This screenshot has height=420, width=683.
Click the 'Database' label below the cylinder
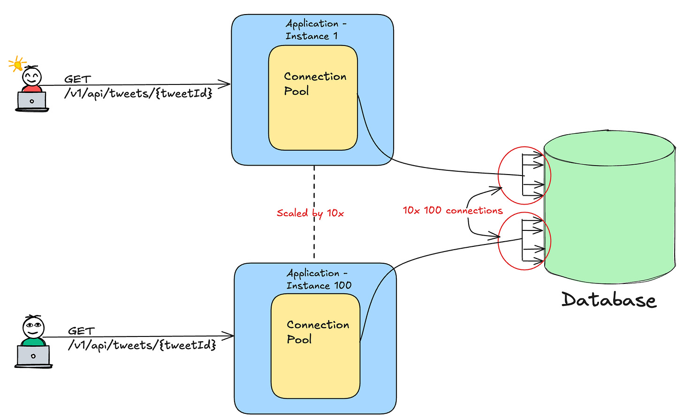(608, 300)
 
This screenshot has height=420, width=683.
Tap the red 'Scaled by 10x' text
(310, 213)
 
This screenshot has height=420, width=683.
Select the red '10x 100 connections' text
(452, 210)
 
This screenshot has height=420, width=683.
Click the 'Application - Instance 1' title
(315, 30)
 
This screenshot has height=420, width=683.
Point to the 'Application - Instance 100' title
(319, 279)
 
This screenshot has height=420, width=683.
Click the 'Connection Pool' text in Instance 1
(315, 84)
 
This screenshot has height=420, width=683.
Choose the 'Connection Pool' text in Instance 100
(318, 332)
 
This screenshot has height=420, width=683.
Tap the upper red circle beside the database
(524, 176)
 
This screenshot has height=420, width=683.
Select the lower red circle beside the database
(524, 241)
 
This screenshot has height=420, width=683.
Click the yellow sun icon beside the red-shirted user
(18, 63)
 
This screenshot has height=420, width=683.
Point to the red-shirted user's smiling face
(32, 76)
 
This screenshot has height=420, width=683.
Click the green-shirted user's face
(33, 326)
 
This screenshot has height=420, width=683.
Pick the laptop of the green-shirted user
(33, 356)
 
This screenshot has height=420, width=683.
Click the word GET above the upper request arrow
(77, 79)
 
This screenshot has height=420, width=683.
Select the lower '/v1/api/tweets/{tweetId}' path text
(142, 345)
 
